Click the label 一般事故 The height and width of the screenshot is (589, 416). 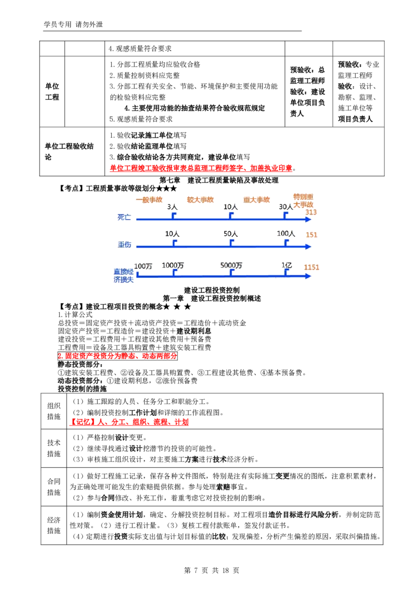click(149, 200)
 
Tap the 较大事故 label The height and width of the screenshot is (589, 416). click(200, 200)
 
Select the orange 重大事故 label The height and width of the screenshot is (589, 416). click(257, 200)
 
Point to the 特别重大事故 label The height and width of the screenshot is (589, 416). click(303, 201)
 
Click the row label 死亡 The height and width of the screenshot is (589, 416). click(124, 216)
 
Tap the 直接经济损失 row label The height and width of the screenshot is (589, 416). click(124, 275)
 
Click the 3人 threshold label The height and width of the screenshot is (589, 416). click(172, 207)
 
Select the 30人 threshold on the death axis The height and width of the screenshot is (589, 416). click(286, 207)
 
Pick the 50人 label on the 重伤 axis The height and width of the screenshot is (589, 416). click(230, 234)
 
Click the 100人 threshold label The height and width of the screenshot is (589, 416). click(286, 234)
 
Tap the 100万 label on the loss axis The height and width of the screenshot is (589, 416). click(143, 266)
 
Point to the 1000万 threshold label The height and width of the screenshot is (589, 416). click(173, 266)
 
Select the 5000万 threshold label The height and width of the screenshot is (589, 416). click(231, 266)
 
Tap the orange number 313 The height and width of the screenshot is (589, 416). click(311, 212)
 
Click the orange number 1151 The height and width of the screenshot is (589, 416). click(311, 267)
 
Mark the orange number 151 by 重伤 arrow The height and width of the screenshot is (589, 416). click(311, 235)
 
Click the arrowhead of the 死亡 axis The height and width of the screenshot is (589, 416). click(308, 220)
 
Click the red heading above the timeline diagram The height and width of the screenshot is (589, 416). click(202, 169)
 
